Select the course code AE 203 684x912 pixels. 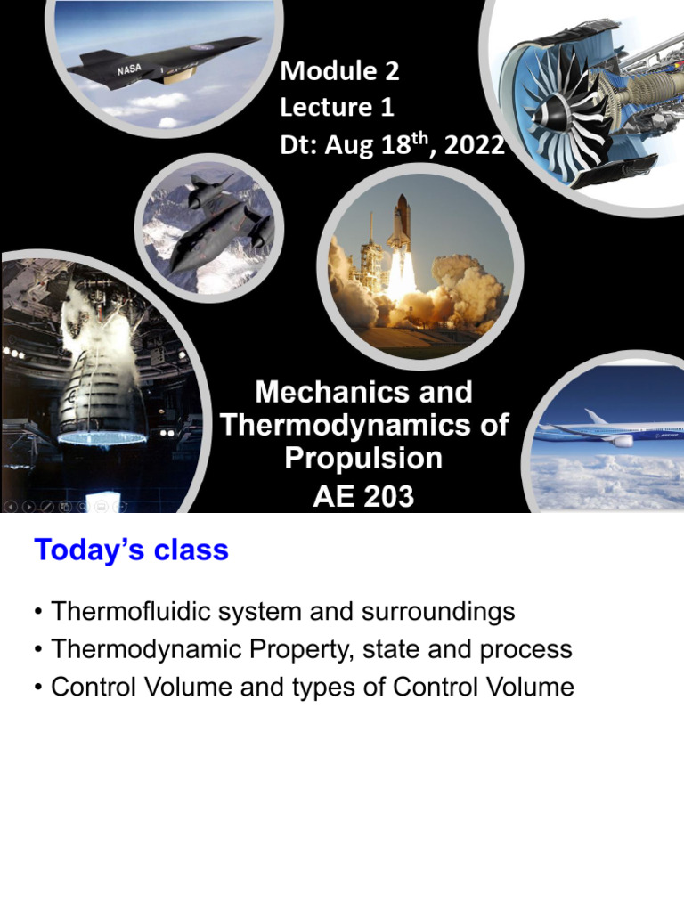point(363,495)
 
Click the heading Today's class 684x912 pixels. point(131,550)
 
